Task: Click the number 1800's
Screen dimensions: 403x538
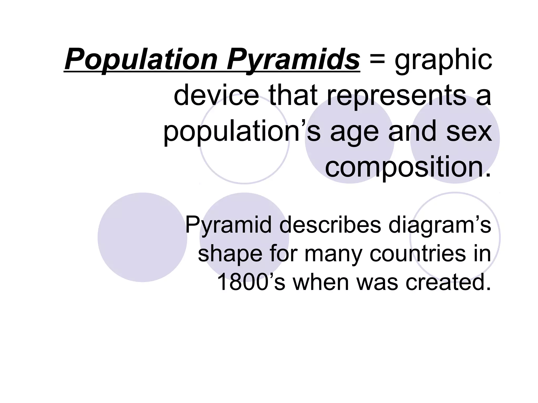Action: coord(251,282)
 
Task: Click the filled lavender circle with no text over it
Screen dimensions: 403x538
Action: coord(142,237)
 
